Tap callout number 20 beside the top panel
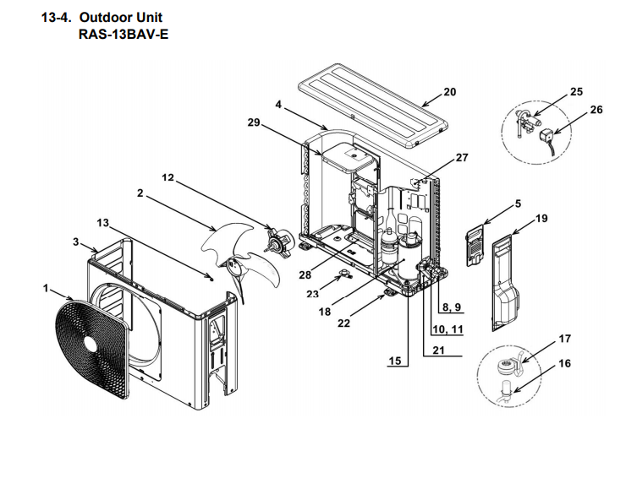(449, 91)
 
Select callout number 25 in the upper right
(576, 91)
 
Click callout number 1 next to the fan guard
(47, 288)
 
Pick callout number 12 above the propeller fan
(167, 177)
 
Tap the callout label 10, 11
(448, 329)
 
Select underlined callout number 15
(394, 361)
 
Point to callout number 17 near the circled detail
(564, 339)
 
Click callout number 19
(541, 219)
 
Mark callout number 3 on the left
(76, 242)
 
